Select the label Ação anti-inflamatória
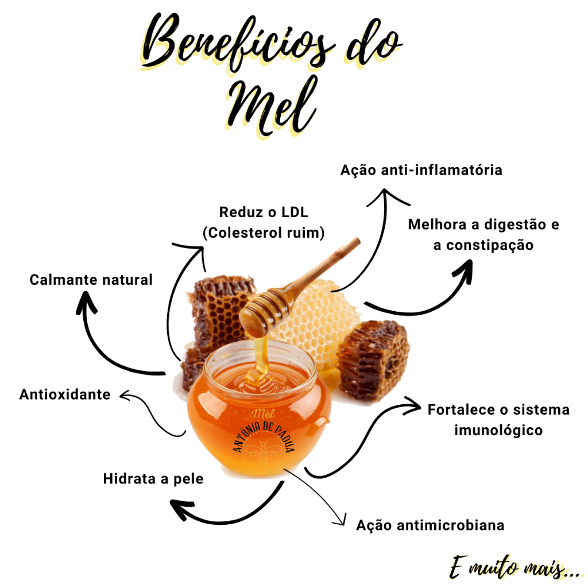[421, 171]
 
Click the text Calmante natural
[91, 280]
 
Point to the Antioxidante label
[65, 394]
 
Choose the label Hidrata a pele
[153, 478]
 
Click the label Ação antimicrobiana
[430, 525]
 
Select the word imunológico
[498, 430]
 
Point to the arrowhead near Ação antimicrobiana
[342, 521]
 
